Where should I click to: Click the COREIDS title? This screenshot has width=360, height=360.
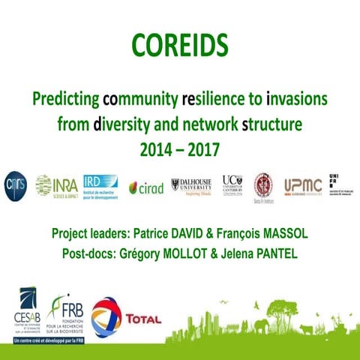click(180, 45)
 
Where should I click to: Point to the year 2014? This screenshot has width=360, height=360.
click(155, 148)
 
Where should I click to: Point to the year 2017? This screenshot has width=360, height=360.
click(203, 148)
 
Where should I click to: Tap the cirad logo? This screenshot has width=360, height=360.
click(145, 187)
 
